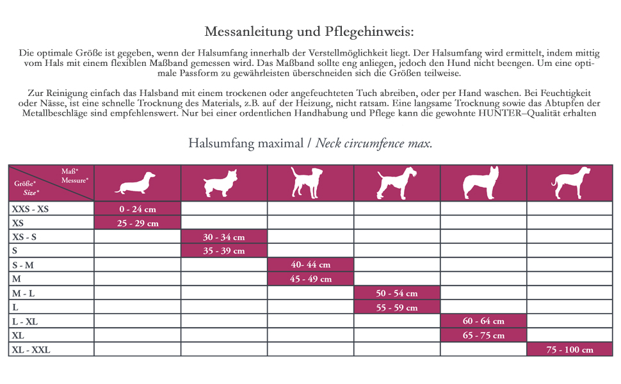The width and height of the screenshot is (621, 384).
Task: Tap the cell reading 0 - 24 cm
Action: pos(137,209)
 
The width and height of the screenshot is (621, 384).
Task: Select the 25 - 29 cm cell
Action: pos(137,223)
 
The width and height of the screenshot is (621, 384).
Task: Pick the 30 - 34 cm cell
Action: pos(223,237)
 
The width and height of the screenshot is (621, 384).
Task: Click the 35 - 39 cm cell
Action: pos(223,251)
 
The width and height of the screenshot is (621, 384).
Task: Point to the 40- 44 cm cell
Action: pos(310,265)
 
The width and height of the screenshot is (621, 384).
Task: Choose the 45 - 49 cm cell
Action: pos(310,279)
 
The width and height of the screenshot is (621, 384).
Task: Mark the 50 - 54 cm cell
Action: pos(396,293)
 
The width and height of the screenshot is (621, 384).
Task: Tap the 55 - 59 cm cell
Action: pos(396,307)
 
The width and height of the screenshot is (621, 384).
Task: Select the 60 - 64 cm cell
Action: pos(483,321)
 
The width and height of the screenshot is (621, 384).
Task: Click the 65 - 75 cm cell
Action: pos(483,335)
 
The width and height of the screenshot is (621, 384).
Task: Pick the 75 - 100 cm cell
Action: pos(569,349)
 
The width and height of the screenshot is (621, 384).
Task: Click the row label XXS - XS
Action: pos(30,209)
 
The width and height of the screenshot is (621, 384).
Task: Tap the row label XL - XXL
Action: pos(31,349)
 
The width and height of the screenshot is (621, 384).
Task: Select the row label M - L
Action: pos(24,293)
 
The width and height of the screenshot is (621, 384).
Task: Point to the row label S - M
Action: pos(23,265)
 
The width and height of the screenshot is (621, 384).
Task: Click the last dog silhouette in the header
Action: pos(569,183)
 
